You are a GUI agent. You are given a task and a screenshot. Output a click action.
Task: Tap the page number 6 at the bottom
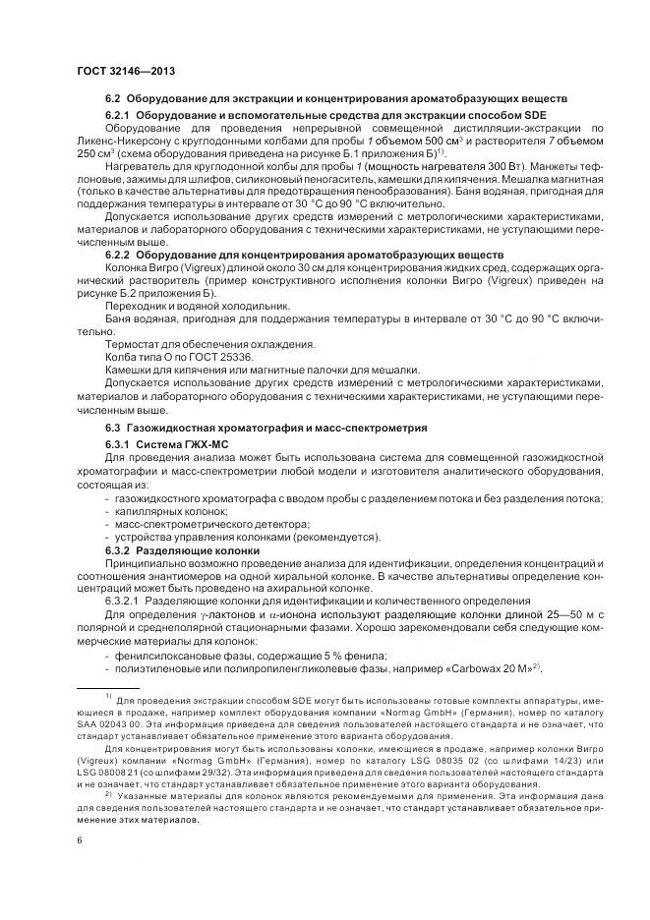click(x=80, y=840)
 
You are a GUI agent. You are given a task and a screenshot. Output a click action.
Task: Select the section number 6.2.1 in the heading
click(x=119, y=115)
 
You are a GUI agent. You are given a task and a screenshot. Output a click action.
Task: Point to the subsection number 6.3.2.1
click(x=125, y=600)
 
